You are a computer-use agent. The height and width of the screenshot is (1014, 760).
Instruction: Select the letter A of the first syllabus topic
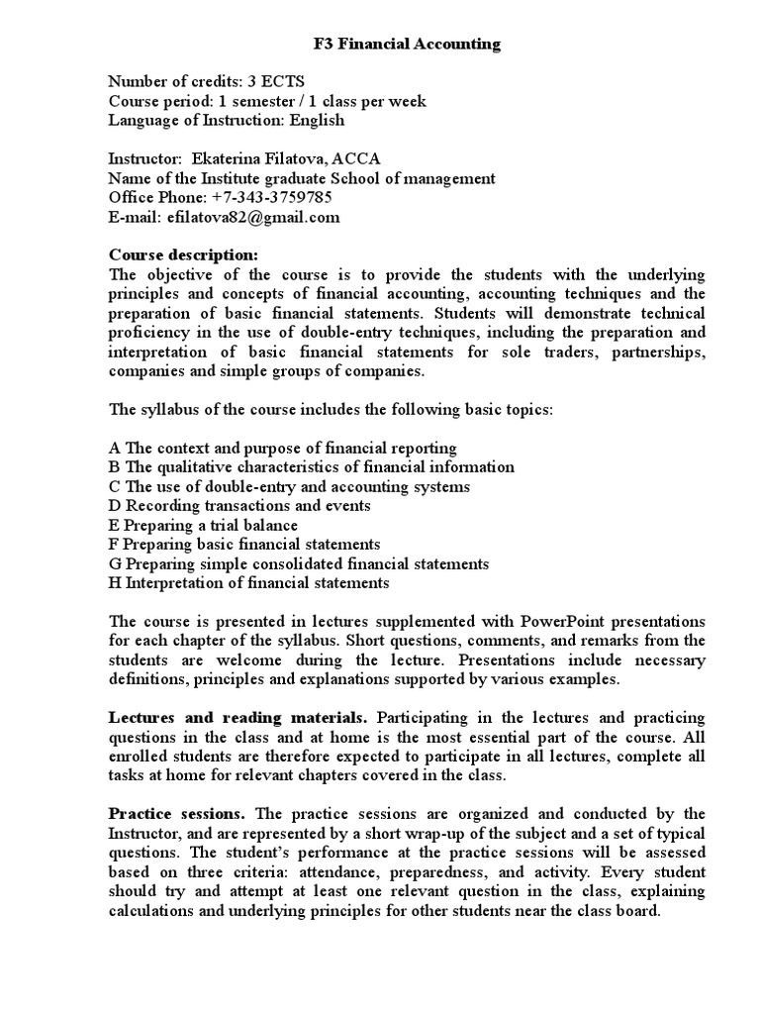pos(115,449)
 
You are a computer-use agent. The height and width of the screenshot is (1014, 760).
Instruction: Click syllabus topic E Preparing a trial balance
pos(203,525)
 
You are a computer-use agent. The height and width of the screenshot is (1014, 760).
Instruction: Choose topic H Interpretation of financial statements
pos(248,582)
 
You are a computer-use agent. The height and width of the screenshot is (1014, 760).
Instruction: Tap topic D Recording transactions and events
pos(239,506)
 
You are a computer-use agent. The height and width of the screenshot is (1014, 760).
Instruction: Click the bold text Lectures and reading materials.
pos(237,716)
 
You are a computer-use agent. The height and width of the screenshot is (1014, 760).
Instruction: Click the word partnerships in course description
pos(655,352)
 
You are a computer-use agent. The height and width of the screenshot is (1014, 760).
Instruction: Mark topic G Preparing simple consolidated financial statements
pos(299,563)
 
